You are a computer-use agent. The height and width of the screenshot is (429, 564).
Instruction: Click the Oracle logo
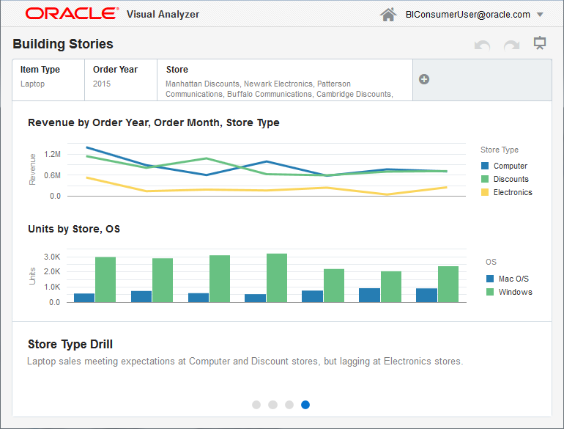coord(71,14)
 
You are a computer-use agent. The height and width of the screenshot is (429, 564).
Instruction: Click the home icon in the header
coord(388,15)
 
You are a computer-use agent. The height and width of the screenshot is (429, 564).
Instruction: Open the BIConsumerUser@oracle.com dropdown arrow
coord(540,15)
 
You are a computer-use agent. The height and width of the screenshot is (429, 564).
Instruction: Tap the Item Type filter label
coord(40,70)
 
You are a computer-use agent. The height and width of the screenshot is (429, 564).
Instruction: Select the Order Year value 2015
coord(102,84)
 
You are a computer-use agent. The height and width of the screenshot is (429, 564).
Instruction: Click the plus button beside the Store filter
coord(424,79)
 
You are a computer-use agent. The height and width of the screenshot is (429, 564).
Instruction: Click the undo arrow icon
coord(482,45)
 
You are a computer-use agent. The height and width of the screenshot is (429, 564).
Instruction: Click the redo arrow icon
coord(511,45)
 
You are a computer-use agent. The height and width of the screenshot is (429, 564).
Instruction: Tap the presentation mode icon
coord(541,44)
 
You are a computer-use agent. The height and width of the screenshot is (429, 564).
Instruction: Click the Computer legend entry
coord(510,166)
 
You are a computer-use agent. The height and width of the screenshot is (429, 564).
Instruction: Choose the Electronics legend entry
coord(512,192)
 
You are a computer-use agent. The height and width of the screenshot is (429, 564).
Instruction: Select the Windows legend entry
coord(515,292)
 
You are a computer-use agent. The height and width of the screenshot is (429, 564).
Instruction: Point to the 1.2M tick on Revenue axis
coord(52,154)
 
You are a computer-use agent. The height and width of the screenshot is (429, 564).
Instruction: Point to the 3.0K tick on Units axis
coord(51,257)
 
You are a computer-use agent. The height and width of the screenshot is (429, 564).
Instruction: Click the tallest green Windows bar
coord(277,277)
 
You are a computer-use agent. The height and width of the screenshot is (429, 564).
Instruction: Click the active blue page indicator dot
coord(305,404)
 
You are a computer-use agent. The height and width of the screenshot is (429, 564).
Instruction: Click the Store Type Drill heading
coord(70,345)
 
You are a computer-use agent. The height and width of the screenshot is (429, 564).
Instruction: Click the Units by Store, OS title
coord(74,229)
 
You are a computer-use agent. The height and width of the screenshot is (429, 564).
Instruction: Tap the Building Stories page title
coord(63,44)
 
